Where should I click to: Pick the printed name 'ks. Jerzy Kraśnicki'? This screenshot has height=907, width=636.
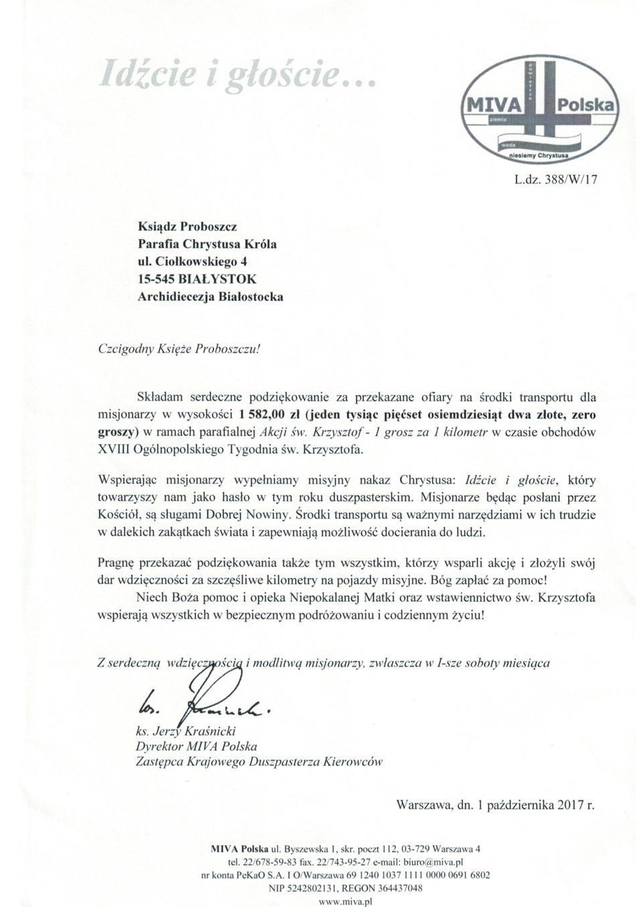pyautogui.click(x=182, y=731)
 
